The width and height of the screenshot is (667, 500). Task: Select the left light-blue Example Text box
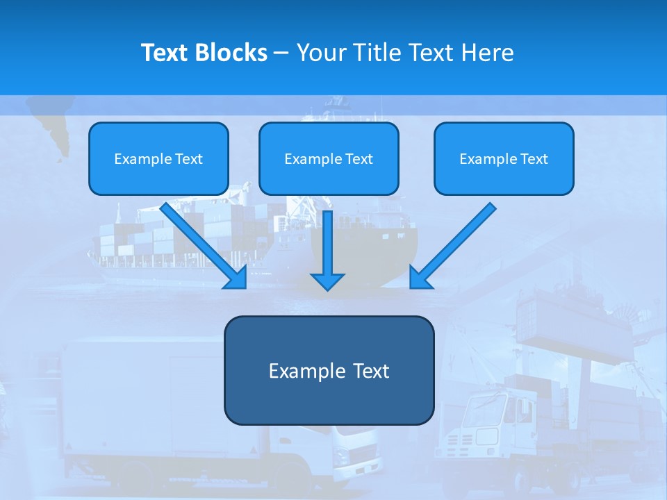click(x=158, y=159)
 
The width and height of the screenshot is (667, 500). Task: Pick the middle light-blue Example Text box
click(x=329, y=159)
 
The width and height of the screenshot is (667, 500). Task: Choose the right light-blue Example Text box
click(x=504, y=159)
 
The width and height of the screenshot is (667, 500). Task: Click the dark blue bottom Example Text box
click(x=329, y=370)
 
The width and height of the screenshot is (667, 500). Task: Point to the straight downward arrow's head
click(x=327, y=281)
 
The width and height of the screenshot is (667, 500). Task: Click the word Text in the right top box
click(x=534, y=159)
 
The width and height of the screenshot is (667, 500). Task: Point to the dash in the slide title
click(x=281, y=53)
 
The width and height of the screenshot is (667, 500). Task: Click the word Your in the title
click(x=321, y=53)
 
